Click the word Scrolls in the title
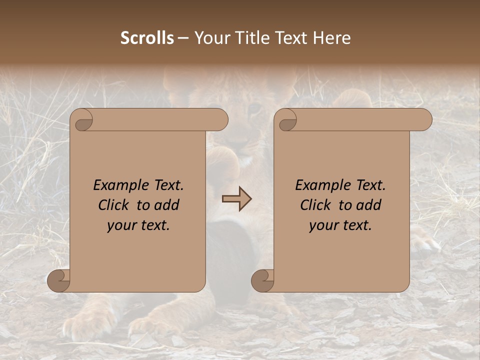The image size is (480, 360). (147, 38)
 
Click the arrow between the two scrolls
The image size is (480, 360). (236, 199)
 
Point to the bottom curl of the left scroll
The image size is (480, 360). (59, 280)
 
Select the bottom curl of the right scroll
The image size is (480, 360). (263, 280)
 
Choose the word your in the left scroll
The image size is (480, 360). (121, 226)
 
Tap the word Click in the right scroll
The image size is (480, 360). (316, 205)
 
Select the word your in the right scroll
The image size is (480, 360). (323, 226)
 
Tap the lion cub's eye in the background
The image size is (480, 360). (254, 108)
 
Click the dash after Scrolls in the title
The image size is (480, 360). (183, 38)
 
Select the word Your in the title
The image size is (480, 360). (210, 38)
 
